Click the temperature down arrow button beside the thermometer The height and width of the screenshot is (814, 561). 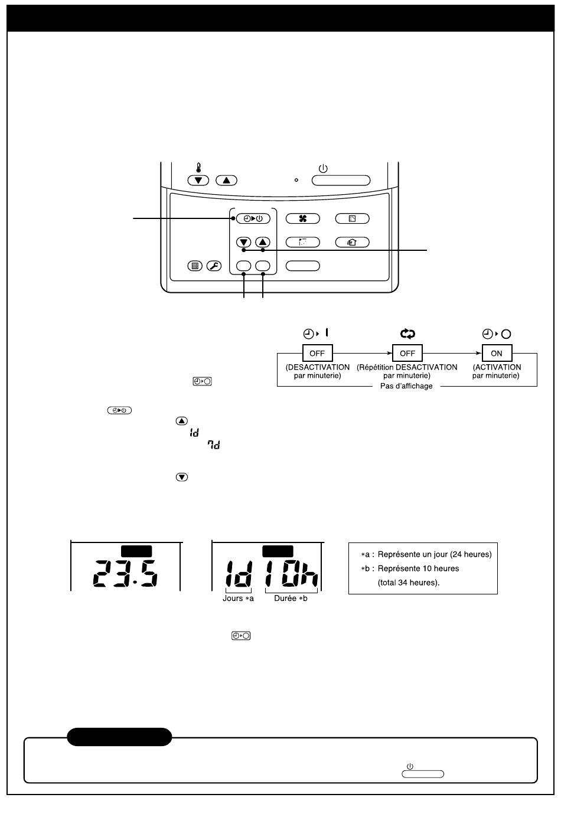(x=198, y=180)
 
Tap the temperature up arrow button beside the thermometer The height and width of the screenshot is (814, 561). (x=226, y=180)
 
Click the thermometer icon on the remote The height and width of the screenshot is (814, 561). (x=198, y=168)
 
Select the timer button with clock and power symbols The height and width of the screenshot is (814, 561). (x=253, y=218)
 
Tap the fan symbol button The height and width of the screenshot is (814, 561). (x=302, y=218)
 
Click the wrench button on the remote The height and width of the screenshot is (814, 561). (x=214, y=266)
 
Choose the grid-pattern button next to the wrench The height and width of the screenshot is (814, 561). (x=195, y=266)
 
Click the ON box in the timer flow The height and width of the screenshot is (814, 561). (x=497, y=353)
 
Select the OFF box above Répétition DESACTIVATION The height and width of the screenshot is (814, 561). (x=407, y=353)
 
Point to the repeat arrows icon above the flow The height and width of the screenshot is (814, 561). (x=407, y=334)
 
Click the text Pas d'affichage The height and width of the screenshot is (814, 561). (x=406, y=386)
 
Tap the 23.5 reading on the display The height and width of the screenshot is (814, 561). (x=125, y=573)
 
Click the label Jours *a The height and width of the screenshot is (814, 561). (x=238, y=598)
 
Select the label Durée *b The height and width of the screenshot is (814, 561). (x=291, y=598)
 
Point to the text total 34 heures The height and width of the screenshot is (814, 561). (x=407, y=583)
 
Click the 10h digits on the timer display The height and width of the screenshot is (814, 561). (x=292, y=573)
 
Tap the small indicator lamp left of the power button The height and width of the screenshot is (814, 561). (x=296, y=180)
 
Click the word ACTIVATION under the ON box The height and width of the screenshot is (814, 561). (x=498, y=367)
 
